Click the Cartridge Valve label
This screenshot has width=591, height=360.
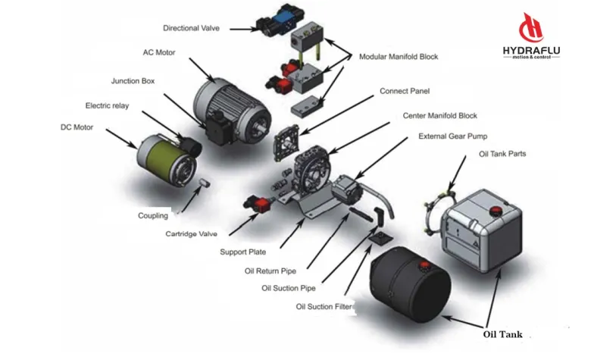[191, 234]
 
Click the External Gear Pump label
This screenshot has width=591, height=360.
[453, 136]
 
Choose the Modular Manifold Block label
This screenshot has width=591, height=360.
[398, 57]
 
